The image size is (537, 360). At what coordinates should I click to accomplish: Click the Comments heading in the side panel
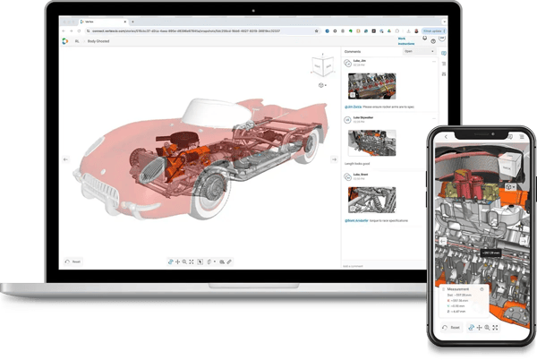[x=354, y=51]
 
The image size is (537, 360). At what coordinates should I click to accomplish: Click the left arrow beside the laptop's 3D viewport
[x=64, y=159]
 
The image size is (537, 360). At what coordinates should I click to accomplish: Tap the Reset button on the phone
[x=452, y=328]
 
